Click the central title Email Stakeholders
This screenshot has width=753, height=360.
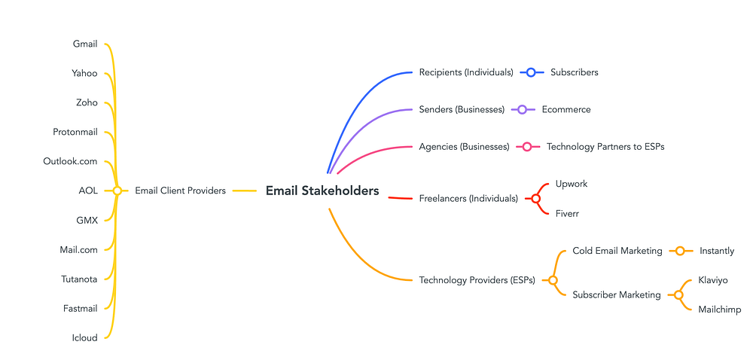(x=322, y=191)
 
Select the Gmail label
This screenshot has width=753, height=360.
(x=85, y=44)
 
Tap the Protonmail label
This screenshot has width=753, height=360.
(x=75, y=132)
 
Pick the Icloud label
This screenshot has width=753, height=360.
(x=85, y=338)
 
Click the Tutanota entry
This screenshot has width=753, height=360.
(x=79, y=279)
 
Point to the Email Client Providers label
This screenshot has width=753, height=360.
(x=180, y=191)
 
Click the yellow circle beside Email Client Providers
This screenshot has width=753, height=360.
(x=117, y=191)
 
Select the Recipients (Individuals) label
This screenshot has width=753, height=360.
(x=466, y=72)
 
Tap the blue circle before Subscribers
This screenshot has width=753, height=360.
(x=531, y=72)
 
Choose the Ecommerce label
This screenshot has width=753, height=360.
(x=566, y=109)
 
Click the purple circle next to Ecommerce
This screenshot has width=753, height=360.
(x=522, y=109)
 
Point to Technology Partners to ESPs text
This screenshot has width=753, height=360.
(x=605, y=146)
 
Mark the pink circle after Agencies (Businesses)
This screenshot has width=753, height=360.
(x=527, y=146)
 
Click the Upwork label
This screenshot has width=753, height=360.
(x=572, y=184)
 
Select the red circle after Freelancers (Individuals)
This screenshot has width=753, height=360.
(x=535, y=199)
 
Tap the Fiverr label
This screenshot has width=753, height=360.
(x=567, y=214)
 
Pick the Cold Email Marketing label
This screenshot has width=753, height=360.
(x=617, y=251)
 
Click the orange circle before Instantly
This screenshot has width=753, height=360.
(x=680, y=251)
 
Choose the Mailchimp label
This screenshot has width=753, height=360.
(x=719, y=310)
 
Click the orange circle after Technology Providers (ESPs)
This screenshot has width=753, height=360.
(x=553, y=280)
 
